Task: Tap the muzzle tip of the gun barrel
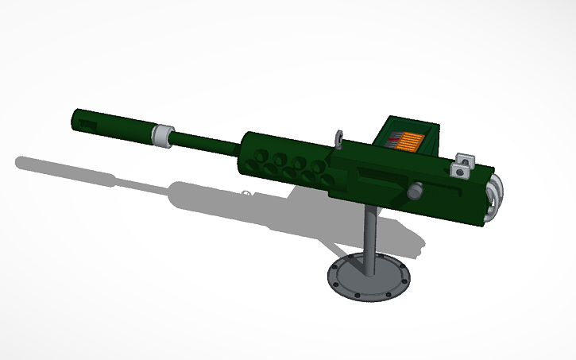tap(74, 118)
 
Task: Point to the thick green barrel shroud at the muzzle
tap(111, 124)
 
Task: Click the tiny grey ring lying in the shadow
tap(246, 192)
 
